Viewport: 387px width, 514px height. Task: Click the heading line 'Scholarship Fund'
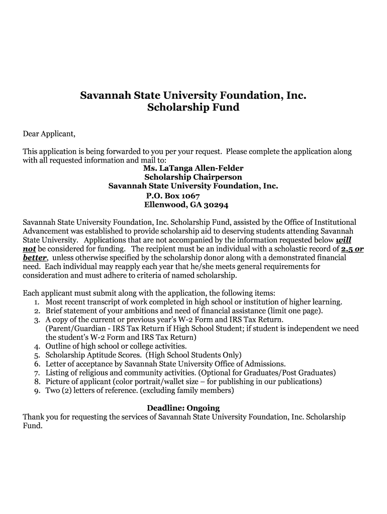[x=193, y=107]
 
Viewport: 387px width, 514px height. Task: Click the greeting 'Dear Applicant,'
[x=49, y=134]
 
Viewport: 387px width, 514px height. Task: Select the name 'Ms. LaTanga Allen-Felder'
[x=193, y=168]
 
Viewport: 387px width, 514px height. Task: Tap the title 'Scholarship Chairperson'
[x=193, y=177]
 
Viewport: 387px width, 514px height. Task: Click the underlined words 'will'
[x=343, y=240]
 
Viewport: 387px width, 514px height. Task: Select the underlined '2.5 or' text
[x=352, y=249]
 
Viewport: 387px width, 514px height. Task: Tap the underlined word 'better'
[x=35, y=258]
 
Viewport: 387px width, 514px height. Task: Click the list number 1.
[x=37, y=302]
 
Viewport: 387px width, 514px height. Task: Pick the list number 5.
[x=37, y=355]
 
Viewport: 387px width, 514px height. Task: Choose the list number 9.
[x=37, y=391]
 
